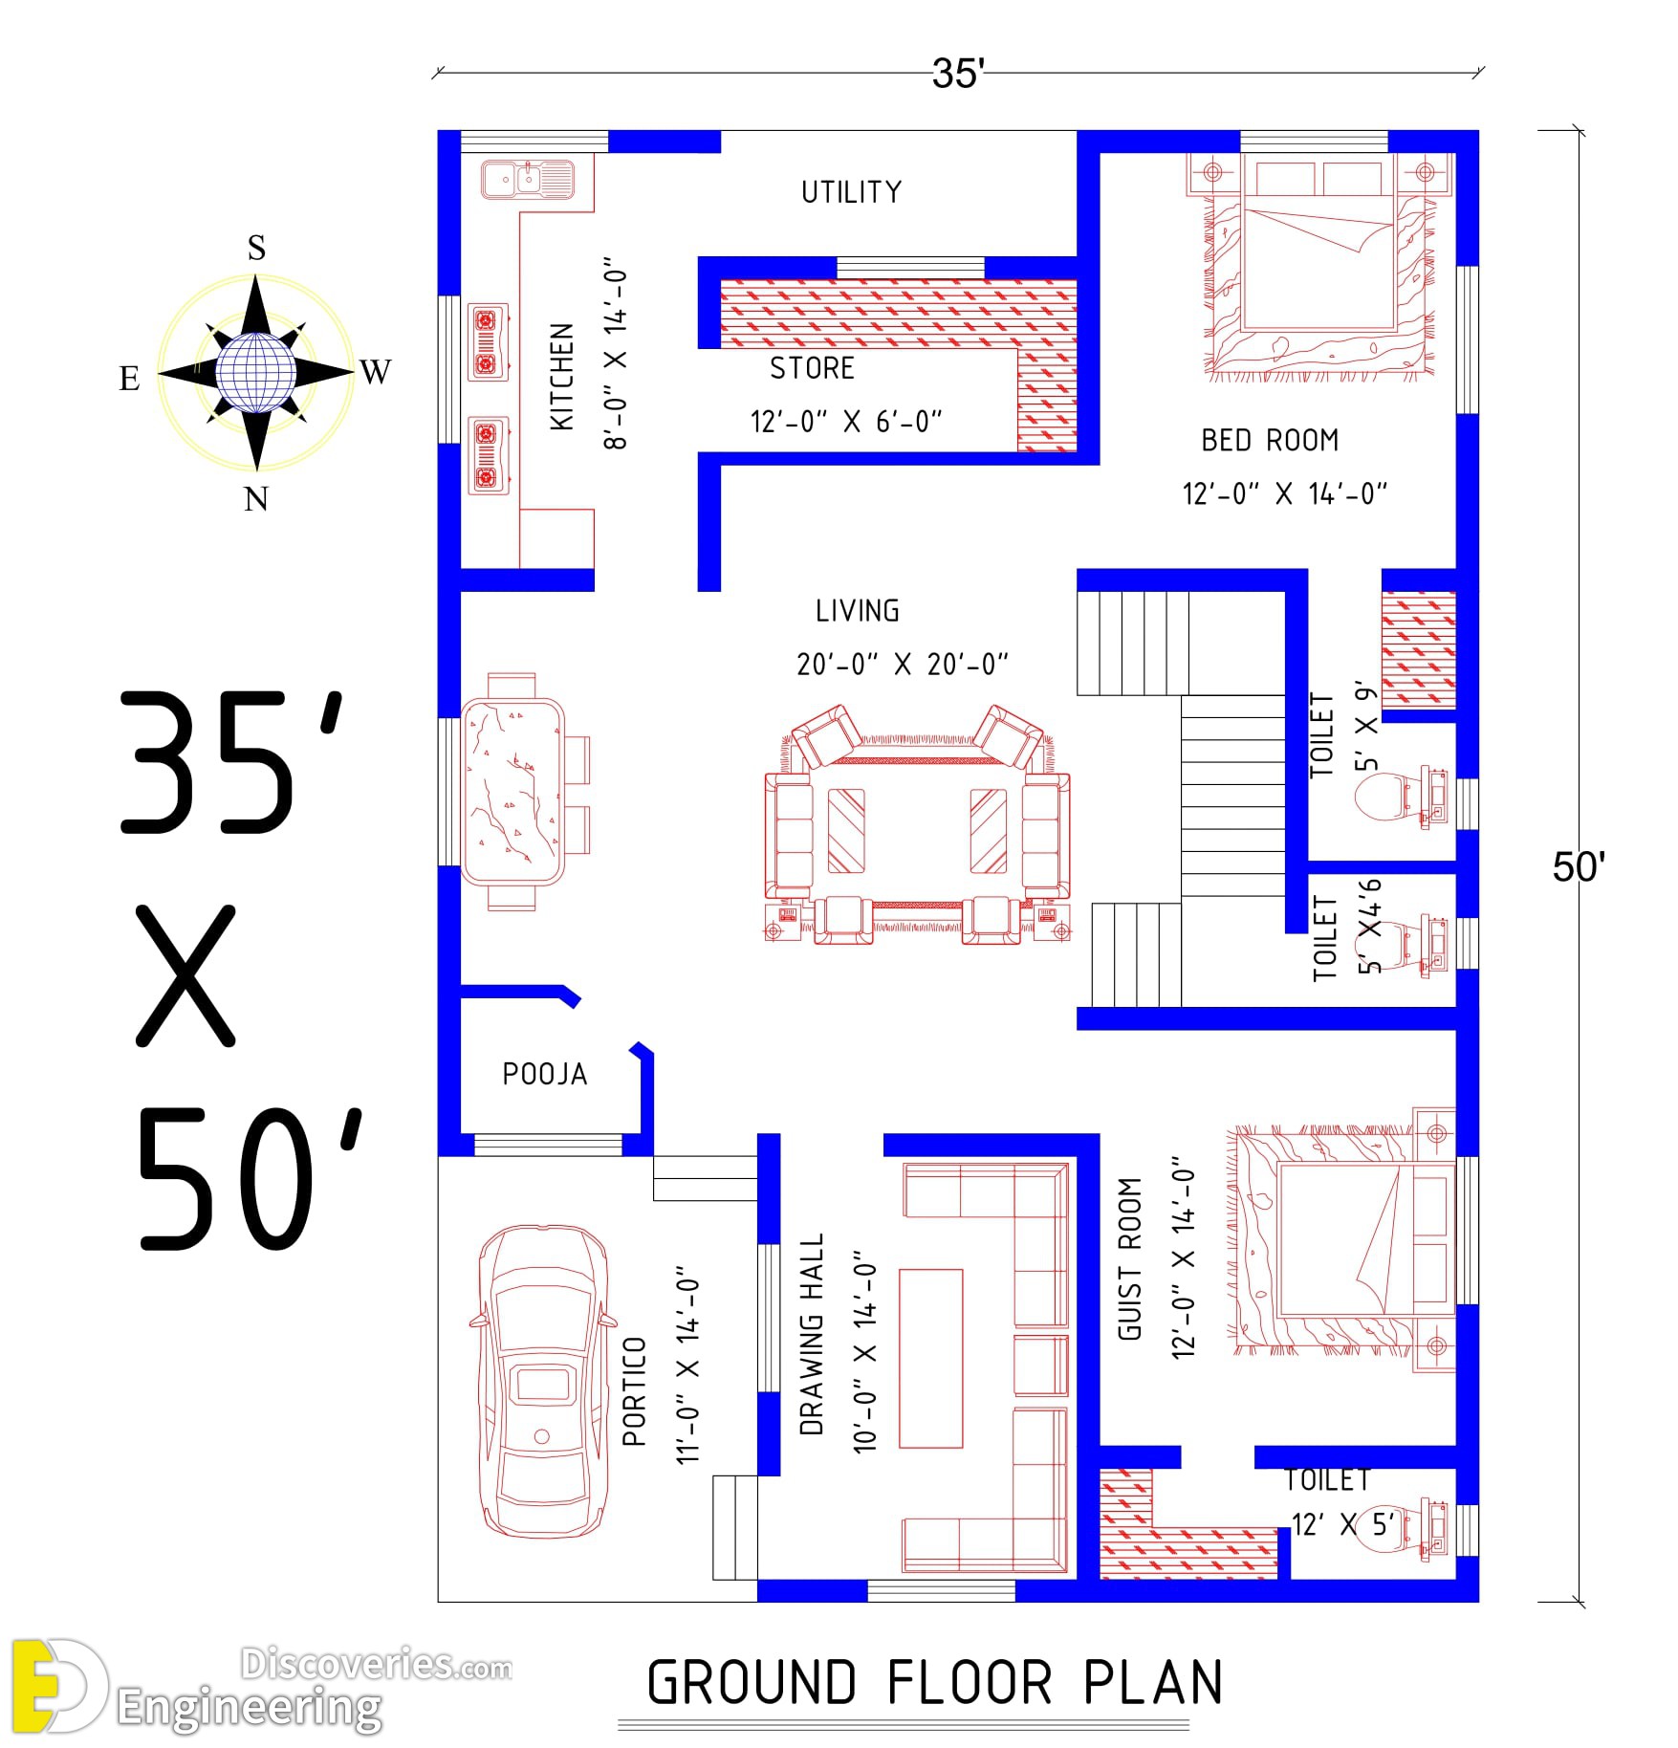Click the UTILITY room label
(x=851, y=192)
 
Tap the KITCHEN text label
(x=562, y=377)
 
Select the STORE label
(x=812, y=368)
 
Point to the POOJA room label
(x=545, y=1074)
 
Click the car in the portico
(x=541, y=1381)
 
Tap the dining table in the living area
(x=512, y=792)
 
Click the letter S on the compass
(x=256, y=248)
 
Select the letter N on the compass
(x=256, y=498)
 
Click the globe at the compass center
(x=255, y=372)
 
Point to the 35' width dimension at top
(x=958, y=74)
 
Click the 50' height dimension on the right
(x=1579, y=867)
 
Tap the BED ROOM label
(x=1270, y=441)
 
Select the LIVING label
(x=858, y=611)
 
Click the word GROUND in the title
(x=752, y=1682)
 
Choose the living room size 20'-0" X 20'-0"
(x=903, y=664)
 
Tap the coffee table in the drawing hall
(x=931, y=1358)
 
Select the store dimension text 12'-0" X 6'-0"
(x=846, y=422)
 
